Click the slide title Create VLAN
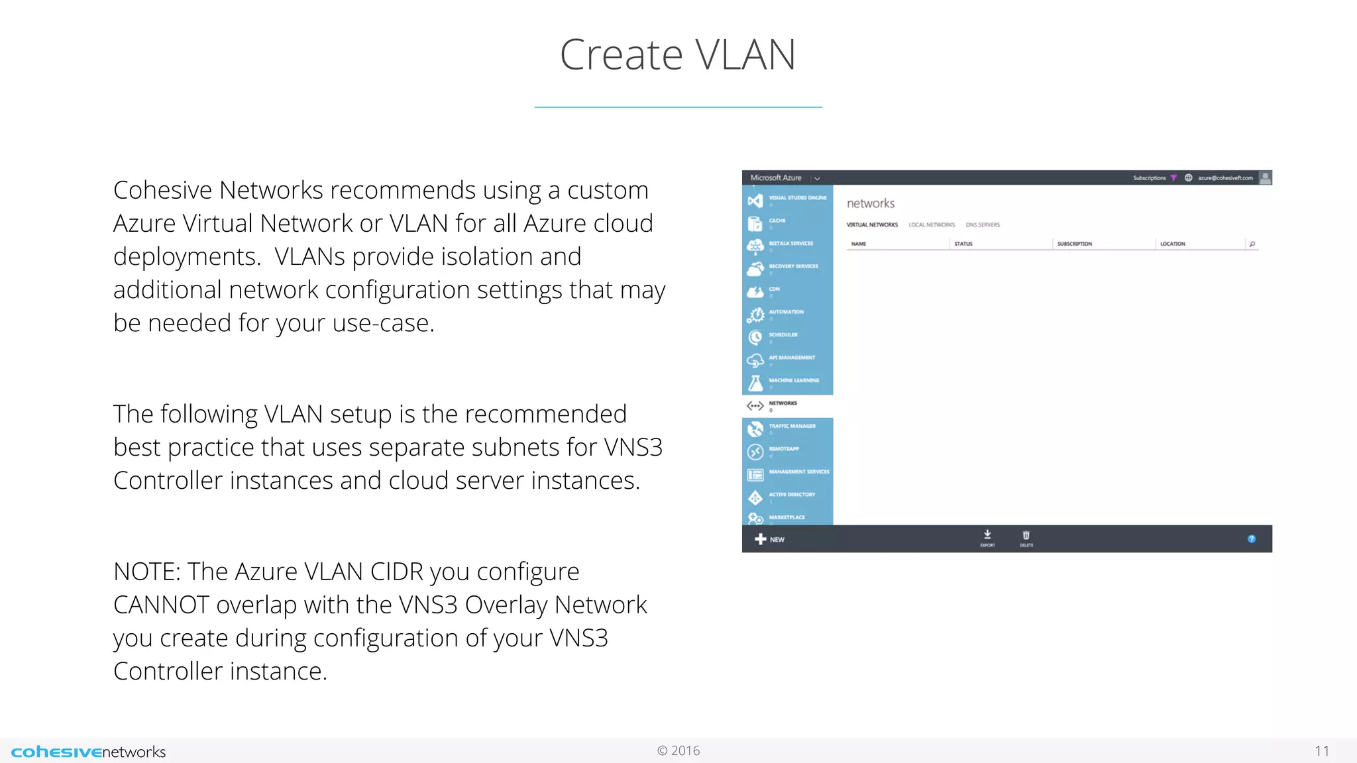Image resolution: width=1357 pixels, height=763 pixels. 677,54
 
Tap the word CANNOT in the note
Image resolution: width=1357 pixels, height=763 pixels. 161,605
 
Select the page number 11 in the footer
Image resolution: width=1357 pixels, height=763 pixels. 1321,751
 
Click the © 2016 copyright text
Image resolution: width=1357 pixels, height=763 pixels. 678,750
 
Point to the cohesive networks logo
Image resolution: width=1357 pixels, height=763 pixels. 89,752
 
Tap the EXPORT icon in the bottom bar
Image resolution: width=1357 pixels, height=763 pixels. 987,537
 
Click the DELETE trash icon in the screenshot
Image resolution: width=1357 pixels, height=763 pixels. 1026,537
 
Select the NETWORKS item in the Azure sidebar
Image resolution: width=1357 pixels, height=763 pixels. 783,403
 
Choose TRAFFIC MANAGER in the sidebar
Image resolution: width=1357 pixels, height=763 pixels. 792,427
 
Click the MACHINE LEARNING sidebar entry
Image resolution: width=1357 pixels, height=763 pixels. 793,381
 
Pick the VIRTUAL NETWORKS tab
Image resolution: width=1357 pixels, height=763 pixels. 872,225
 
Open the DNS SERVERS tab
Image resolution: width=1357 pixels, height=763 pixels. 983,225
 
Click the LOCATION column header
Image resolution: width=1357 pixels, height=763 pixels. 1172,244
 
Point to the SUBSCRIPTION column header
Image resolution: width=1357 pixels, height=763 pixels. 1074,244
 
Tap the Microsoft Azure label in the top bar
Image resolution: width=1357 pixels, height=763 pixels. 776,178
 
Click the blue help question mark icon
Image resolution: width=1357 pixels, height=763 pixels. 1251,539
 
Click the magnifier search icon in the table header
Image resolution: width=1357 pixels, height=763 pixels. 1252,244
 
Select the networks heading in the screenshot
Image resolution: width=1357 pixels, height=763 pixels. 871,203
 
